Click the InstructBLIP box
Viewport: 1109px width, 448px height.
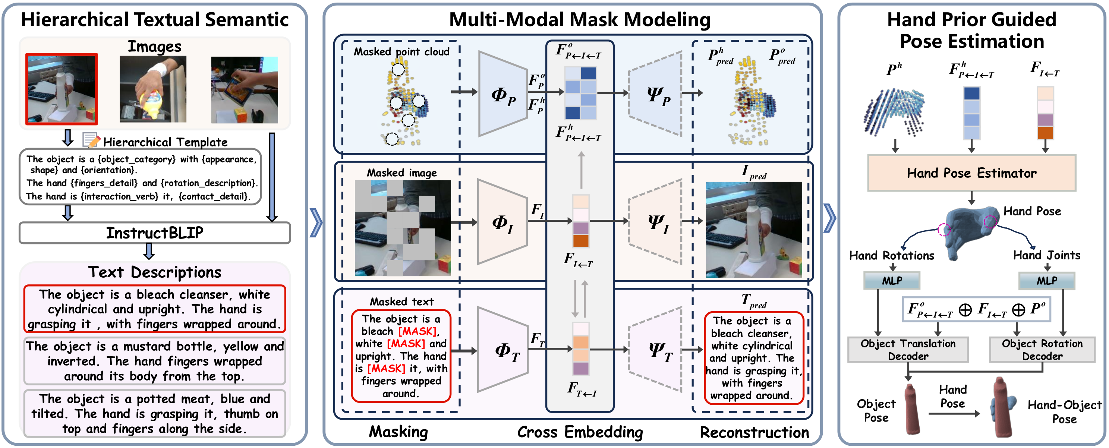click(x=155, y=233)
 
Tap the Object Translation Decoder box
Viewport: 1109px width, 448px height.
click(x=908, y=350)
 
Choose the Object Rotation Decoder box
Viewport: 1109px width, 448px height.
click(x=1042, y=350)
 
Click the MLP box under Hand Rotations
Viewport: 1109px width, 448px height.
click(x=892, y=281)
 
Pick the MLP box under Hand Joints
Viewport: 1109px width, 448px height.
click(x=1047, y=281)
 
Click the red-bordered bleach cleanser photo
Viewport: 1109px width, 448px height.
click(x=62, y=89)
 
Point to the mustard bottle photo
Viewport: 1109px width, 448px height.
click(x=153, y=89)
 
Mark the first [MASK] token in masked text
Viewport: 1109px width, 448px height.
click(x=417, y=331)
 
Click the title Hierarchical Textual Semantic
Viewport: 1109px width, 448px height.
click(x=155, y=19)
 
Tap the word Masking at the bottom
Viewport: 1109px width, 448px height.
click(x=398, y=432)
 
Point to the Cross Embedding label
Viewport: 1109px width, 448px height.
click(x=580, y=432)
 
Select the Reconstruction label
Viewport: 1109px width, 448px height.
click(x=754, y=432)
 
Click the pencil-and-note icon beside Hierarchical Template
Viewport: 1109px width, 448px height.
click(x=91, y=140)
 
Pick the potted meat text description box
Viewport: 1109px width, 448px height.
click(x=155, y=414)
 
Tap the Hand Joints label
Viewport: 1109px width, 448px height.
click(x=1047, y=255)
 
